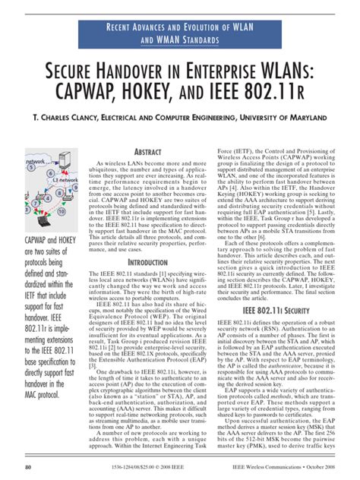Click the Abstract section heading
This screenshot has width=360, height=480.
coord(153,153)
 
